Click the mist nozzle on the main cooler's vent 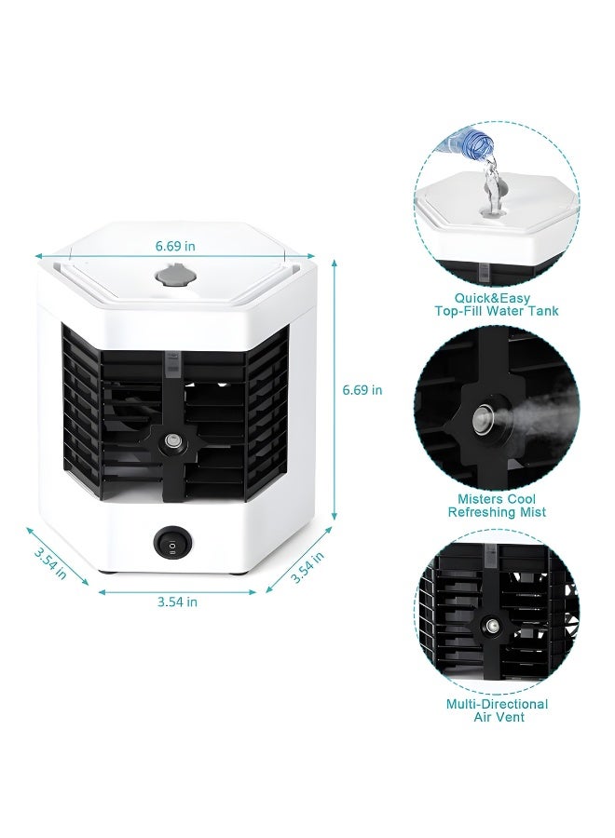coord(171,440)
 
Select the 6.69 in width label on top coord(175,246)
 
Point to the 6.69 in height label coord(362,390)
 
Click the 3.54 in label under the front coord(177,601)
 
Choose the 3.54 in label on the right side coord(307,566)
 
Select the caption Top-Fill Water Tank coord(497,311)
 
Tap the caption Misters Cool coord(497,499)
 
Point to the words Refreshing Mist coord(497,512)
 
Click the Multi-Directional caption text coord(497,704)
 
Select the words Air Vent coord(497,717)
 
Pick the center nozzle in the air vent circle coord(488,627)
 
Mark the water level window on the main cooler coord(171,364)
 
